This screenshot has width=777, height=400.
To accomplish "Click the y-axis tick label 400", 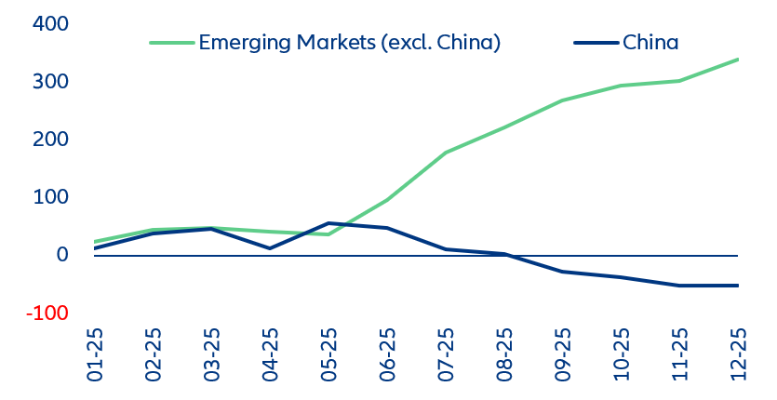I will click(49, 24).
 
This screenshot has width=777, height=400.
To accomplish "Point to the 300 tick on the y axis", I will click(49, 82).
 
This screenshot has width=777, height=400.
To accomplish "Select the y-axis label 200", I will click(49, 140).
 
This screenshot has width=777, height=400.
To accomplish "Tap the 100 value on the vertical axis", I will click(49, 197).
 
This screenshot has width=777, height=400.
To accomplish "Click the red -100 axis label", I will click(46, 313).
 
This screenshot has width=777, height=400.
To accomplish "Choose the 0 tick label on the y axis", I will click(61, 255).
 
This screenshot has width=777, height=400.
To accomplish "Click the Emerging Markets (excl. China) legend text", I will click(350, 43).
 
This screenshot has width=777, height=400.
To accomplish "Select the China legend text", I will click(650, 43).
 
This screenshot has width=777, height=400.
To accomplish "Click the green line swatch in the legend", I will click(172, 43).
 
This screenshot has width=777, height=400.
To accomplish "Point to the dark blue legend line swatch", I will click(596, 43).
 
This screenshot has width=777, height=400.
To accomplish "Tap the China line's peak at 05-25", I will click(328, 223).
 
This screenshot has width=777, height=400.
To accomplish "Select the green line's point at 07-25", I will click(446, 153).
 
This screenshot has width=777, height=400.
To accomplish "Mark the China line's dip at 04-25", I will click(270, 248).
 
